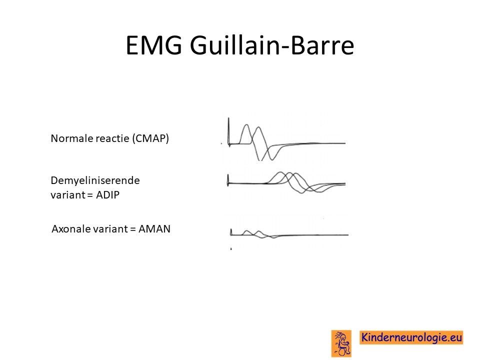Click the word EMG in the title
154,45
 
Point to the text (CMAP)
150,138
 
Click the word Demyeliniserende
95,180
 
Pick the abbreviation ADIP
107,194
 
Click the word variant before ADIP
67,195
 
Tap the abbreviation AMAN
154,229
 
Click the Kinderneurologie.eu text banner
411,337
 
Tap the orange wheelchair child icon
341,343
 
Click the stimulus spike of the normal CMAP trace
228,131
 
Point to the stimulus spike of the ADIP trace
228,180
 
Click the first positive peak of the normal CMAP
246,125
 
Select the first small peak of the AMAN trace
246,231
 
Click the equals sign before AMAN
133,229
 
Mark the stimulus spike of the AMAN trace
231,231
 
